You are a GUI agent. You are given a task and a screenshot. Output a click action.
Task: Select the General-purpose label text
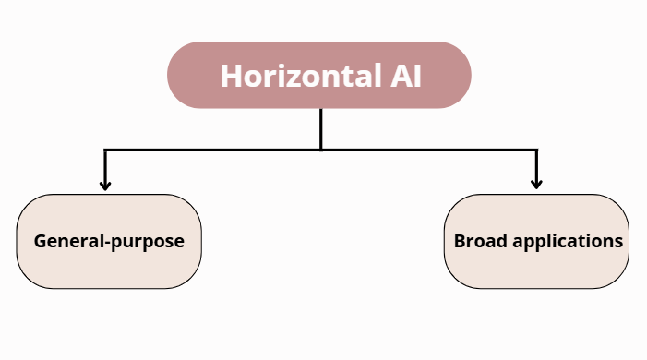109,242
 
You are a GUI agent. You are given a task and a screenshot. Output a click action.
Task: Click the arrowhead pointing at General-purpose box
105,185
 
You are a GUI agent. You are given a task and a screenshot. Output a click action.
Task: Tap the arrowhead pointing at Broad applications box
537,185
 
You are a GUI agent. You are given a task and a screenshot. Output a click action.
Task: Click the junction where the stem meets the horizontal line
320,149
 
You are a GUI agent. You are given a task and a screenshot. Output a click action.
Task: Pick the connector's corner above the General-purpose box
105,150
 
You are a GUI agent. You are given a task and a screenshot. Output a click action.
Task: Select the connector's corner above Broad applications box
537,150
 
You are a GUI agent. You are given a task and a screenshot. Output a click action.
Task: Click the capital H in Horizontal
231,76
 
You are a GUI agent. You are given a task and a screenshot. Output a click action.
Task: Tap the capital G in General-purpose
41,242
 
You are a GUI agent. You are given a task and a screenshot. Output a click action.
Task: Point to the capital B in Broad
460,241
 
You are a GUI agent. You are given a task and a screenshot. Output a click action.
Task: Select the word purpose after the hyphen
148,243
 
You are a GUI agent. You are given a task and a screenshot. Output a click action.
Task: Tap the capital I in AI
415,76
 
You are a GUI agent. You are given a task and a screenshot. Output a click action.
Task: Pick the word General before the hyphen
68,242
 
